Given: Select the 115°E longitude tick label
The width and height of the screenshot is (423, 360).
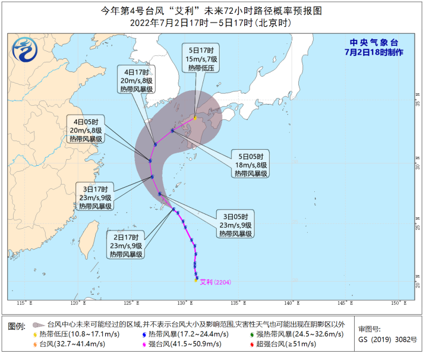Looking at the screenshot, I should [23, 304].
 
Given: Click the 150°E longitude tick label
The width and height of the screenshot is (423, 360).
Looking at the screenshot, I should [396, 304].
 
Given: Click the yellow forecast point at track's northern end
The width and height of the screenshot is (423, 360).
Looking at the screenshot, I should [194, 118].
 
